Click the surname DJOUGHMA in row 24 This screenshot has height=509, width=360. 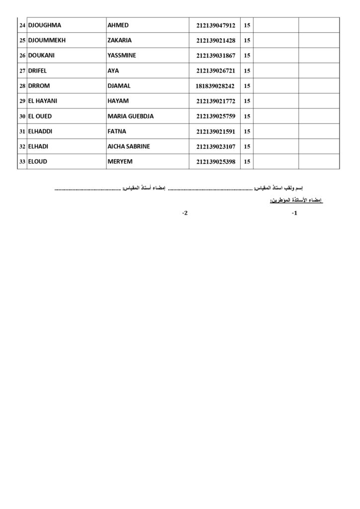pyautogui.click(x=45, y=25)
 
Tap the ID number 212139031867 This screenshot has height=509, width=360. pyautogui.click(x=216, y=56)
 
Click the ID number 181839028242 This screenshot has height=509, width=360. pyautogui.click(x=215, y=86)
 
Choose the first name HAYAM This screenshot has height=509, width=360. pyautogui.click(x=118, y=101)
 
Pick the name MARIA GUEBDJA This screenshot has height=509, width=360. pyautogui.click(x=131, y=116)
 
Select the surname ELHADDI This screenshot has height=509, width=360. pyautogui.click(x=40, y=131)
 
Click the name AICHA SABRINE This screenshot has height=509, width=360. pyautogui.click(x=129, y=147)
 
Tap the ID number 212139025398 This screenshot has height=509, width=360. pyautogui.click(x=216, y=162)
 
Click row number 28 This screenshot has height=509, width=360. pyautogui.click(x=22, y=86)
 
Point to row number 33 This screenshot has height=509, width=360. pyautogui.click(x=22, y=162)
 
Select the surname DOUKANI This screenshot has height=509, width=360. pyautogui.click(x=42, y=56)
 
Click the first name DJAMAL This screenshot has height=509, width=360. pyautogui.click(x=119, y=86)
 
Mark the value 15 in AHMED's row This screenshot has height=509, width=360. pyautogui.click(x=247, y=25)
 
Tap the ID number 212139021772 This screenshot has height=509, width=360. pyautogui.click(x=216, y=101)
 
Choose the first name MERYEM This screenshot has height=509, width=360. pyautogui.click(x=120, y=162)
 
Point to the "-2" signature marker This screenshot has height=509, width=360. pyautogui.click(x=185, y=213)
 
